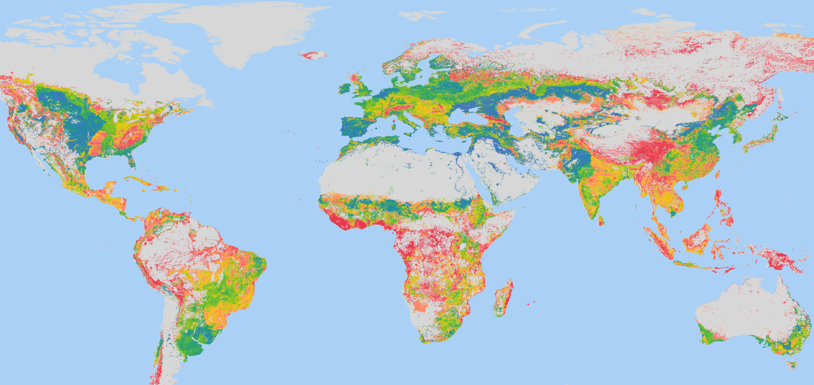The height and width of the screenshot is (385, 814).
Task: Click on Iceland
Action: click(x=313, y=55)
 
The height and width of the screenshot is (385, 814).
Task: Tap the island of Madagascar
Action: click(x=503, y=299)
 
